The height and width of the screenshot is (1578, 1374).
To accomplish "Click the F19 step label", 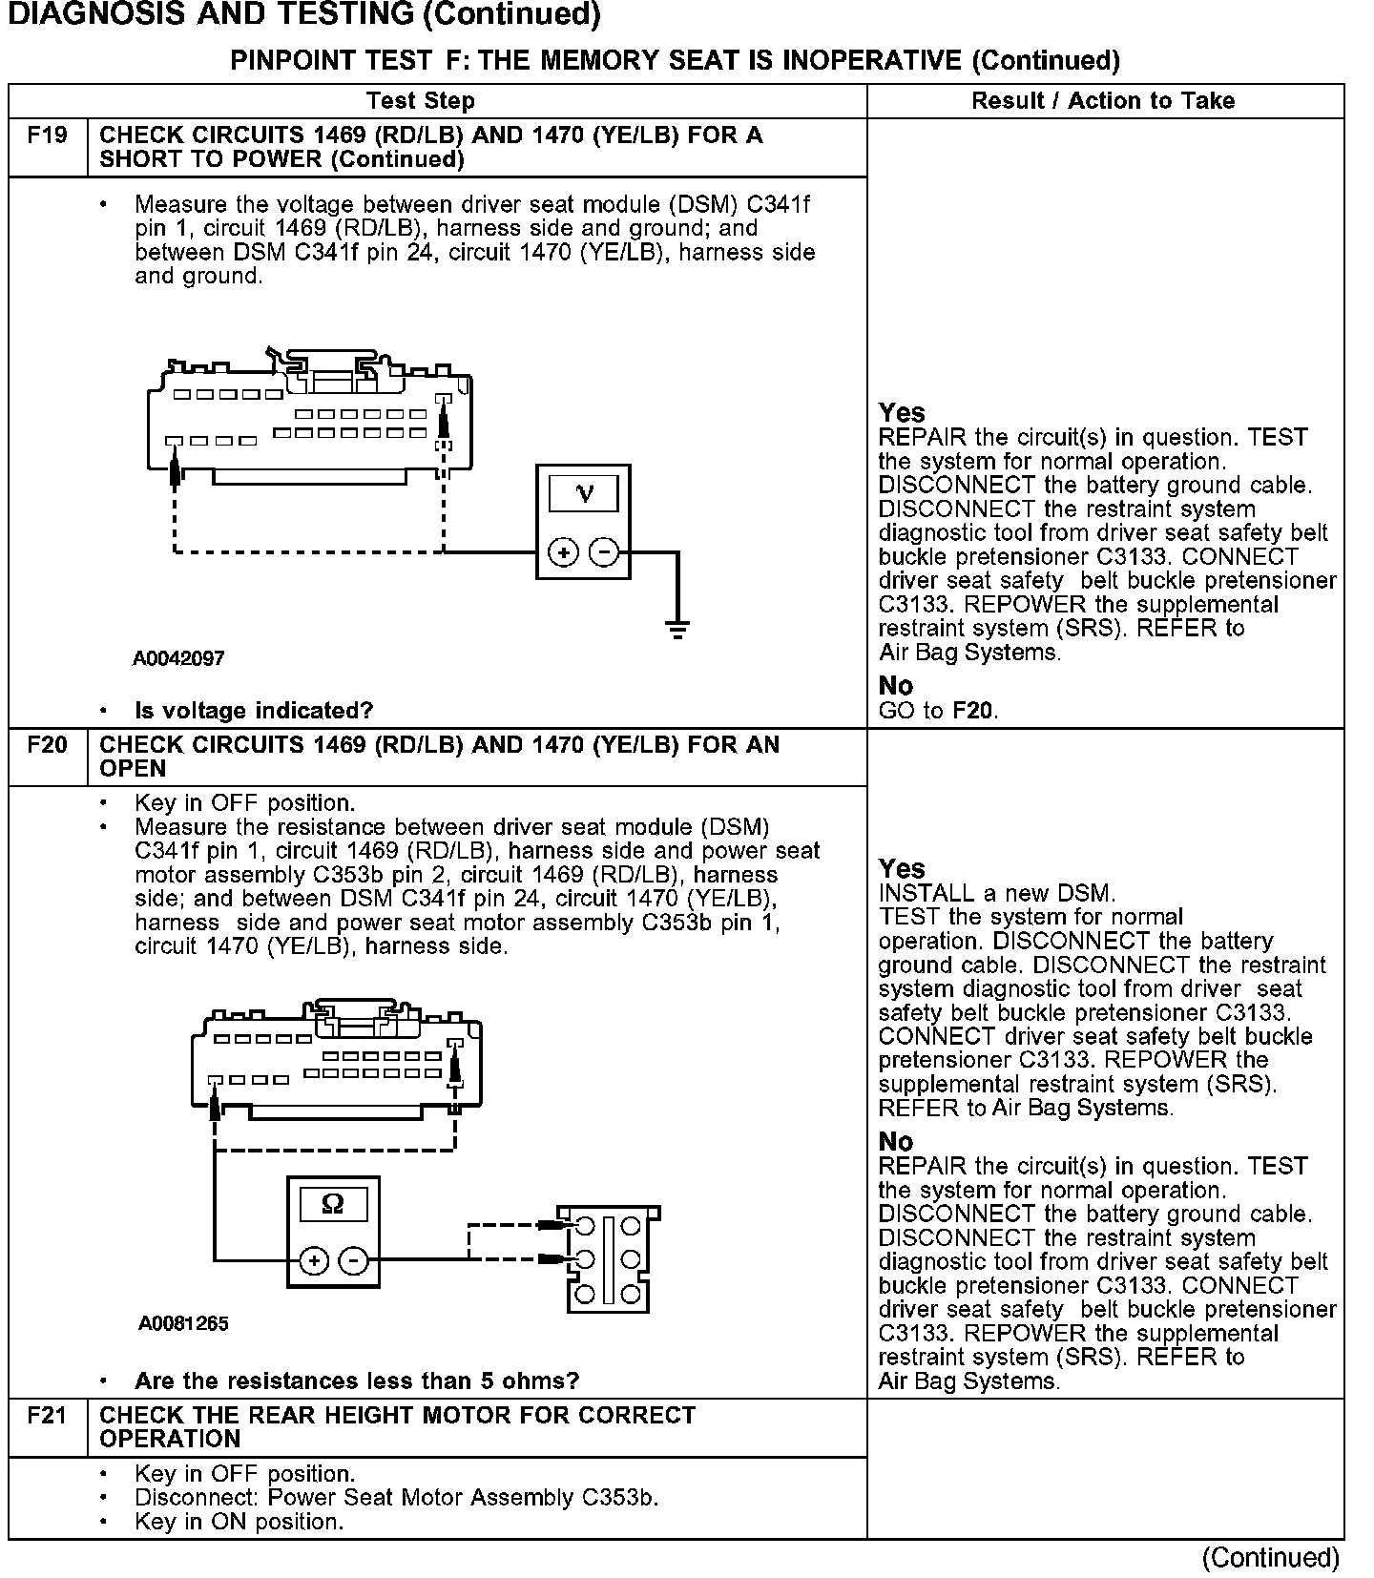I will (x=47, y=135).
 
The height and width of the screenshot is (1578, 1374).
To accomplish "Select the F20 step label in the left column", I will (x=47, y=745).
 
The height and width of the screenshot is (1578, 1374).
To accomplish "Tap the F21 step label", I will (x=47, y=1416).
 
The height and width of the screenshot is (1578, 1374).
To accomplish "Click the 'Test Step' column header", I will (x=420, y=101).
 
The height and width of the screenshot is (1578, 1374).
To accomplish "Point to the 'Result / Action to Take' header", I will (x=1103, y=101).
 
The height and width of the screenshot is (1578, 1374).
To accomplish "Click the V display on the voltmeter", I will (x=583, y=493).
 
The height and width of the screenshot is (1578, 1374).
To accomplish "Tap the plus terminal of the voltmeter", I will (x=563, y=552).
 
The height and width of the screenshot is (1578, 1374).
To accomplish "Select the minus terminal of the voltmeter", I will (x=603, y=552).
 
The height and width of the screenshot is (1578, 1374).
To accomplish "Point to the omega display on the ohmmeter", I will (x=333, y=1204).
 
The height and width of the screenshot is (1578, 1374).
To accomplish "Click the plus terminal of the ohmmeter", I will (x=313, y=1260).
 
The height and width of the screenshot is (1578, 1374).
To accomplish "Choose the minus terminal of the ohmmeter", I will (x=353, y=1260).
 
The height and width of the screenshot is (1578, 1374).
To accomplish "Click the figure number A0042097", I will (x=178, y=658).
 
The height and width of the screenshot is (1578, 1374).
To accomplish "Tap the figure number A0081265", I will (x=183, y=1323).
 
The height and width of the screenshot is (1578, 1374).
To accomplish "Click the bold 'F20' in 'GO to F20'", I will (x=972, y=711).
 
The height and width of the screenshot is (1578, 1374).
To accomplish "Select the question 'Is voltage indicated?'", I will (x=254, y=711).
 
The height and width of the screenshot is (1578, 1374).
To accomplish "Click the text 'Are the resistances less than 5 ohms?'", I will (x=357, y=1381).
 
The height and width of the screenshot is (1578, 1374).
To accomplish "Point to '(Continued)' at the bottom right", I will (x=1270, y=1558).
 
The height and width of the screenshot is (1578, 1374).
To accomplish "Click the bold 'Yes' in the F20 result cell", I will (x=902, y=869).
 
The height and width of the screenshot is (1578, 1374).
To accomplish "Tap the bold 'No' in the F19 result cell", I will (x=896, y=686).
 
